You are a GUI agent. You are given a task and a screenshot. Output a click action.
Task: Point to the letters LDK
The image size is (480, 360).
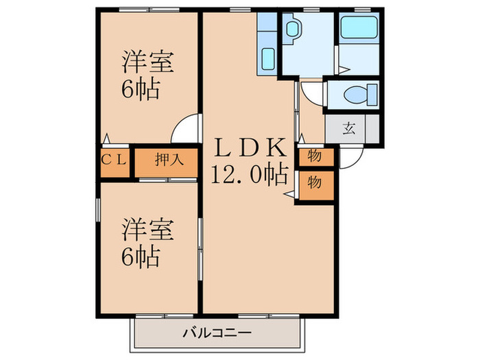(250, 147)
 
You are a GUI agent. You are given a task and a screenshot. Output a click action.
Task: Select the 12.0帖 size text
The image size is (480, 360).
(249, 176)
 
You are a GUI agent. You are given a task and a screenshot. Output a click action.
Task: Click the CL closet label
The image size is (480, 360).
(115, 160)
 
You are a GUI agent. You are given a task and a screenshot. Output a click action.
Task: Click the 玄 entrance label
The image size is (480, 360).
(350, 128)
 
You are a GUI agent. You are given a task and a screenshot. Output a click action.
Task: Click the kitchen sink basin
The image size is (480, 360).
(267, 59)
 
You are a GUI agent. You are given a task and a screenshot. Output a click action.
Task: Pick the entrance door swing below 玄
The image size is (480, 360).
(352, 158)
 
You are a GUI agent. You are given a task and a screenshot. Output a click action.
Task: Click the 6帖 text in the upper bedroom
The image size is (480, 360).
(142, 89)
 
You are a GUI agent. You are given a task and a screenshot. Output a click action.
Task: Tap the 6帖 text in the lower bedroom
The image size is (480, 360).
(142, 257)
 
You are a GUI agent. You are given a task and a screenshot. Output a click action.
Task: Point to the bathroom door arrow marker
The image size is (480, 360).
(343, 69)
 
